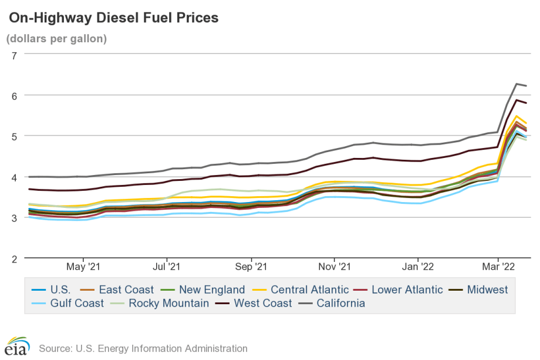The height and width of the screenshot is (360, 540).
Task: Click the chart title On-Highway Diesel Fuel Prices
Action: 113,18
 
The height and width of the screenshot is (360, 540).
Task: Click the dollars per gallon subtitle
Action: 56,39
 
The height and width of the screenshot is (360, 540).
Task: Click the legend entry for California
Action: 340,304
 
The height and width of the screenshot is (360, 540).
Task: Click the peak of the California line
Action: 517,84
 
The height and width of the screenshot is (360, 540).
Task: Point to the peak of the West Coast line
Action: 517,100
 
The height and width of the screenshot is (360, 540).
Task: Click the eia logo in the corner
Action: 18,347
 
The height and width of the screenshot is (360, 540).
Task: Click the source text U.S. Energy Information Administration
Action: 143,348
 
